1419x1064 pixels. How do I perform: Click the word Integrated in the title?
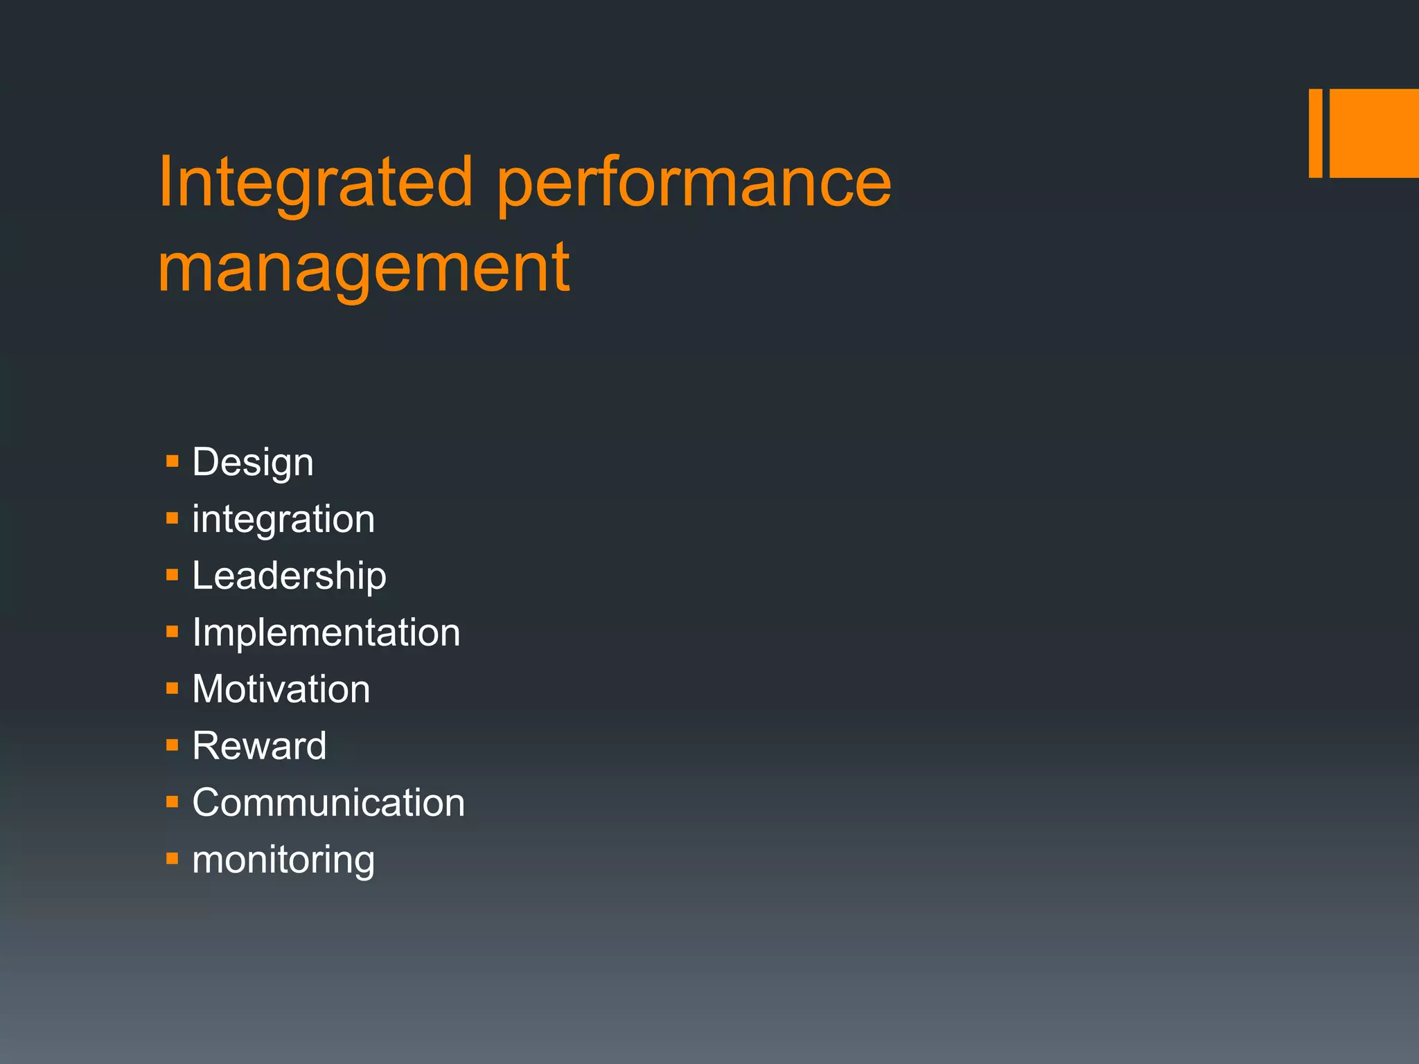click(315, 182)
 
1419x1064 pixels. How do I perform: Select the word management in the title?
click(364, 269)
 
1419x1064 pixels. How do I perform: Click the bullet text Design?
click(253, 462)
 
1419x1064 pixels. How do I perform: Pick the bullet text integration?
click(283, 520)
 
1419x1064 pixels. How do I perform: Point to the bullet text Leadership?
click(289, 576)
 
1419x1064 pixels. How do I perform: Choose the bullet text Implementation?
click(326, 632)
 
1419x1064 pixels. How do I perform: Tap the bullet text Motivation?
click(281, 689)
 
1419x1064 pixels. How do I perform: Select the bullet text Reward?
click(259, 746)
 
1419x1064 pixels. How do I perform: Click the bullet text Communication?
click(328, 803)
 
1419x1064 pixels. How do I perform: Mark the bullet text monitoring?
click(283, 860)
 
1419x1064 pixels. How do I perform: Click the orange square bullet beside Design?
click(173, 461)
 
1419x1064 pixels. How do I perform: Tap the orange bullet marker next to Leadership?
click(173, 574)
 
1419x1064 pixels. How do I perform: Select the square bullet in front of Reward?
click(173, 745)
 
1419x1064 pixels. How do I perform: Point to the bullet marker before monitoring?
click(173, 859)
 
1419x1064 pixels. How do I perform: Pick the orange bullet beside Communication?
click(173, 802)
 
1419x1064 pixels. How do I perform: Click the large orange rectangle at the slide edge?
click(1374, 133)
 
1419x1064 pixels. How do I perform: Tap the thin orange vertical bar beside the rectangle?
click(1315, 133)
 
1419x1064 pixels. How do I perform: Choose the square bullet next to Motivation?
click(173, 688)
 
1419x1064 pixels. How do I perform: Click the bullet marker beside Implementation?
click(173, 631)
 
